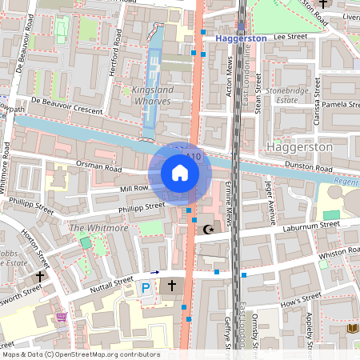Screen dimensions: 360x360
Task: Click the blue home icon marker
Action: (180, 172)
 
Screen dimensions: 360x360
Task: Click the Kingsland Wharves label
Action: (154, 96)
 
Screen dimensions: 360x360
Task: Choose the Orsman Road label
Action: (94, 167)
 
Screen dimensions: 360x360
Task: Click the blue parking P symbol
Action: (145, 287)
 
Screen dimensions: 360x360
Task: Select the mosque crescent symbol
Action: (209, 230)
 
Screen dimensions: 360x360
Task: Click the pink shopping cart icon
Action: (62, 318)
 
